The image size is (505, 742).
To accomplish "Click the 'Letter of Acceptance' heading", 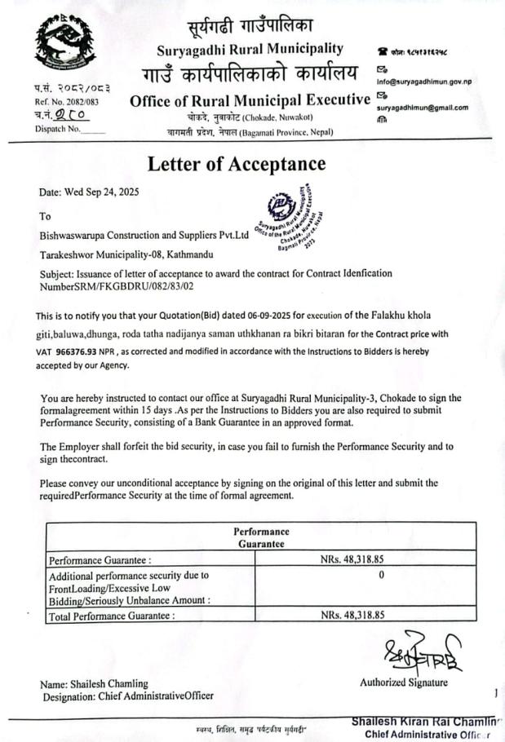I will [x=236, y=163].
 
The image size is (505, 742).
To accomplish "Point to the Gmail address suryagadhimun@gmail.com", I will [x=422, y=108].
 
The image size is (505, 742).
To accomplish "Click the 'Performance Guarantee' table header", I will [x=261, y=537].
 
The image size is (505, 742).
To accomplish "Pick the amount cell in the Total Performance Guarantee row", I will [x=352, y=615].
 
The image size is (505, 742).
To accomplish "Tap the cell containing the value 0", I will [x=381, y=575].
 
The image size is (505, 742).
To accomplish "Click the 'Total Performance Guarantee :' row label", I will [x=112, y=616].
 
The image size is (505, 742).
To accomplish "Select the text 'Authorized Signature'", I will [x=403, y=682].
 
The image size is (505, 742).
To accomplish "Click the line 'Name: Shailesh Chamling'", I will [x=95, y=683].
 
